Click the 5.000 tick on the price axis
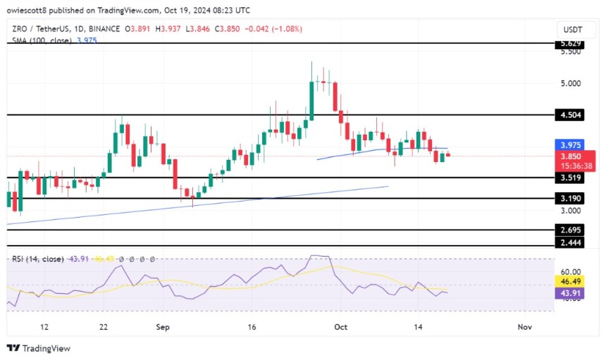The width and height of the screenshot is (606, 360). click(x=575, y=83)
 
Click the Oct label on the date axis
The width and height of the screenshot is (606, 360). click(x=341, y=327)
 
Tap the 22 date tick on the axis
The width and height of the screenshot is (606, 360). click(x=103, y=327)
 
